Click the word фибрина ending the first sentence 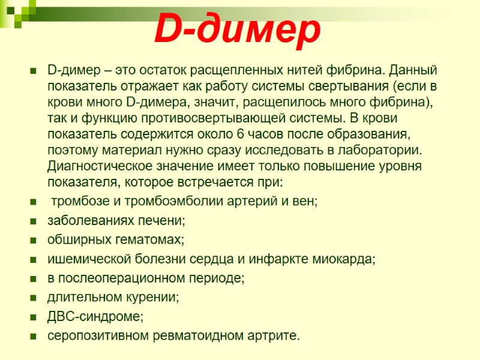tap(357, 70)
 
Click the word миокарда tap(344, 259)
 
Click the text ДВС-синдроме tap(95, 316)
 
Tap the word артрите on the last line tap(274, 335)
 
